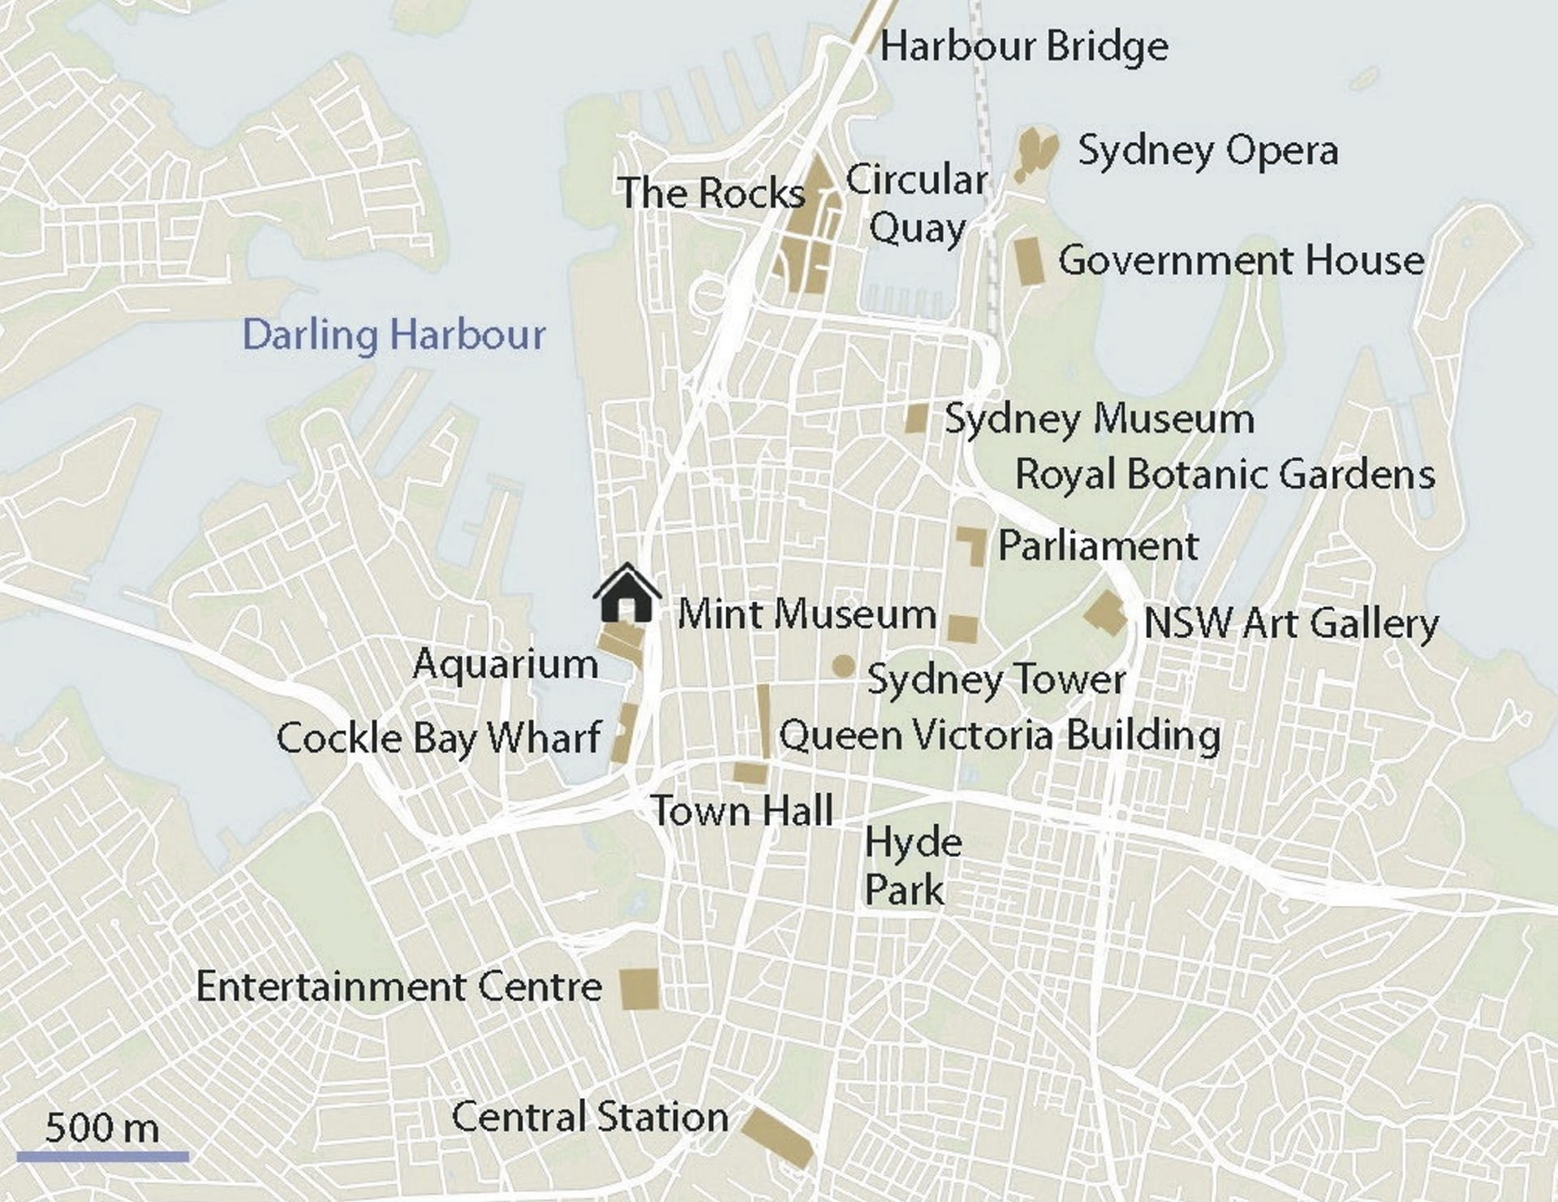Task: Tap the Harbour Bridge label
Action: click(1024, 46)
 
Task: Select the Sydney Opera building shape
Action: click(1036, 152)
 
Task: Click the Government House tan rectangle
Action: click(1029, 261)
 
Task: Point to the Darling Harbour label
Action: click(394, 334)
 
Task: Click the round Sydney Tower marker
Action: click(843, 666)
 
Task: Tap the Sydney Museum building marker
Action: click(916, 419)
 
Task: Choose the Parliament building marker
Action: click(973, 543)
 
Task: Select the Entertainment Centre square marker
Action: click(639, 989)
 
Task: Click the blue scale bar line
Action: click(102, 1157)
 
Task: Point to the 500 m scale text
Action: click(102, 1127)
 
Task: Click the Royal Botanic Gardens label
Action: click(1224, 474)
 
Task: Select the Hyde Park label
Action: click(912, 866)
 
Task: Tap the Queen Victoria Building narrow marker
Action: click(764, 722)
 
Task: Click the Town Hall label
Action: click(742, 810)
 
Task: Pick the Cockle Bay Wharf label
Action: click(438, 738)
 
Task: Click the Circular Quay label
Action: click(917, 203)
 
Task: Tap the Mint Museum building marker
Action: click(963, 629)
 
